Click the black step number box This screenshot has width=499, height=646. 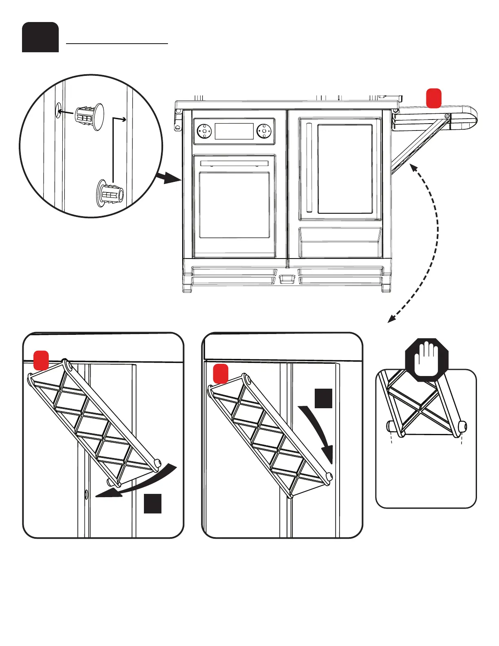40,37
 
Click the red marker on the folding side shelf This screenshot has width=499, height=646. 434,98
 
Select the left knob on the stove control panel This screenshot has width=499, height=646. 204,131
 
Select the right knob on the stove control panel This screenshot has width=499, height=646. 264,131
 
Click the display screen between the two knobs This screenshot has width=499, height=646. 234,131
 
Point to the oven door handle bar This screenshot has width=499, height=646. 234,164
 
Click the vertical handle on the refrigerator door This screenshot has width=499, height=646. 309,168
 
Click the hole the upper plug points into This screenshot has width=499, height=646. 58,110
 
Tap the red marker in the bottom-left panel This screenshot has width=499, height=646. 41,360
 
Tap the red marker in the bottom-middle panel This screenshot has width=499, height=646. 221,374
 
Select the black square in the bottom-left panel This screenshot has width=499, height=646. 152,503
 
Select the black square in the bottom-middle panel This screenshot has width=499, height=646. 323,398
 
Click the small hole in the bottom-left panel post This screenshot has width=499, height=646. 86,495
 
